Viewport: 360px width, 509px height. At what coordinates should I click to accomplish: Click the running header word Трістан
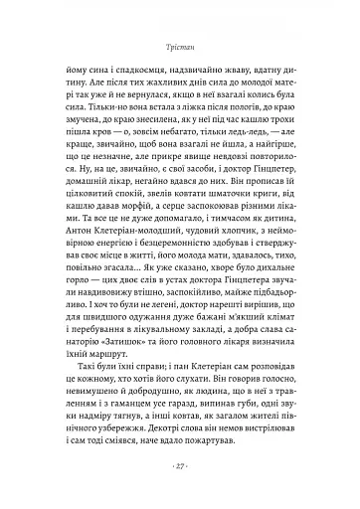point(179,48)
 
